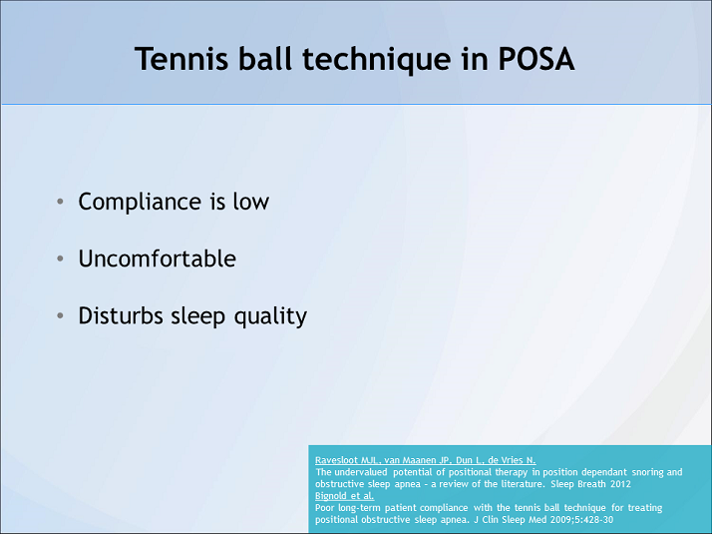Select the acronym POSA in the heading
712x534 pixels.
click(534, 59)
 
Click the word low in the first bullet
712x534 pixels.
click(251, 202)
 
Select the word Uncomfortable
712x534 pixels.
click(158, 260)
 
